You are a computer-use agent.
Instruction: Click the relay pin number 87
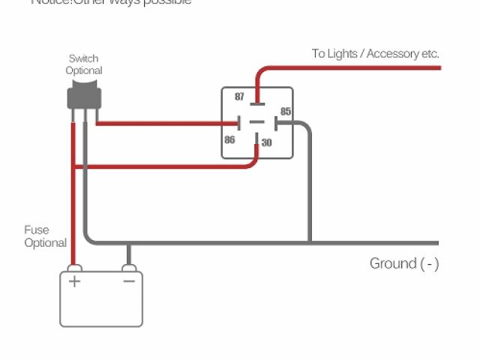coord(239,97)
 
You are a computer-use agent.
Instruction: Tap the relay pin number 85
coord(285,111)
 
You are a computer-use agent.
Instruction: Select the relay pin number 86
coord(229,139)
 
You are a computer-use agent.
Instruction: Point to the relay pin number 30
coord(266,142)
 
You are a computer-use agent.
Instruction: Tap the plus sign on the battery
coord(74,281)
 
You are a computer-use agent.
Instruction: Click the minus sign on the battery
coord(128,281)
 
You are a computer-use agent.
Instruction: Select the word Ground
coord(392,263)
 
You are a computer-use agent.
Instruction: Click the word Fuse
coord(36,230)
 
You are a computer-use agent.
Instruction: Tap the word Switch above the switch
coord(83,58)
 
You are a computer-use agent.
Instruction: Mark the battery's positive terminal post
coord(73,268)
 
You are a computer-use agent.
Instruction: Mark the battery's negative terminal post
coord(128,268)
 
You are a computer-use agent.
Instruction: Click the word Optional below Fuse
coord(45,243)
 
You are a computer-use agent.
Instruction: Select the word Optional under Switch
coord(83,70)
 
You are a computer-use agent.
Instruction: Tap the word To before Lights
coord(319,53)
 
